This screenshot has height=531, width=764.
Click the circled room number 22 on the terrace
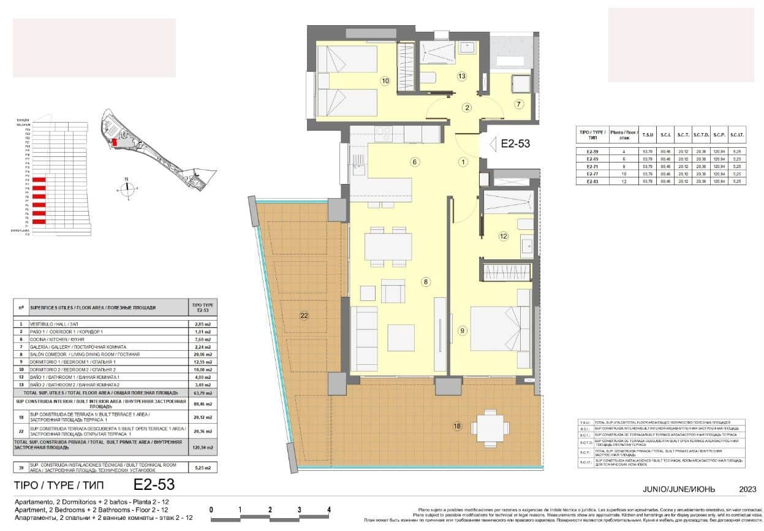coord(304,316)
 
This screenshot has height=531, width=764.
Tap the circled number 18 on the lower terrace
coord(457,426)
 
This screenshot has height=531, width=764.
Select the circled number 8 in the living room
coord(426,282)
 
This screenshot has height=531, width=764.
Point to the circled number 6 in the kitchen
coord(415,162)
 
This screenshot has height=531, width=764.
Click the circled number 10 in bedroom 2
coord(385,80)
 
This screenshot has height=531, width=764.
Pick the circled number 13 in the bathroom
coord(462,76)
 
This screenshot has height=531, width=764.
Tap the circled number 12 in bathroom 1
coord(504,235)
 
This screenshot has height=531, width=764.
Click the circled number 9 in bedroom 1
coord(462,331)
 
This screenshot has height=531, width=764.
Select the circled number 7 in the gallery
coord(519,104)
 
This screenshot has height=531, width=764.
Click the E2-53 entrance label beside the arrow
coord(515,144)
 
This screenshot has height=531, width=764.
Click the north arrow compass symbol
coord(127,188)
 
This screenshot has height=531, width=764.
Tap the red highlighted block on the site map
coord(113,142)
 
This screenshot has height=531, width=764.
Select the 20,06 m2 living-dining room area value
coord(202,354)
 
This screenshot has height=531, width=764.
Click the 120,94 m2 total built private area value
coord(202,448)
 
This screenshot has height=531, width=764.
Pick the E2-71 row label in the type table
coord(592,166)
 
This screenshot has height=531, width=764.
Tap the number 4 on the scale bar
coord(329,510)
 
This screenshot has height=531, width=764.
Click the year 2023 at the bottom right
coord(747,489)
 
